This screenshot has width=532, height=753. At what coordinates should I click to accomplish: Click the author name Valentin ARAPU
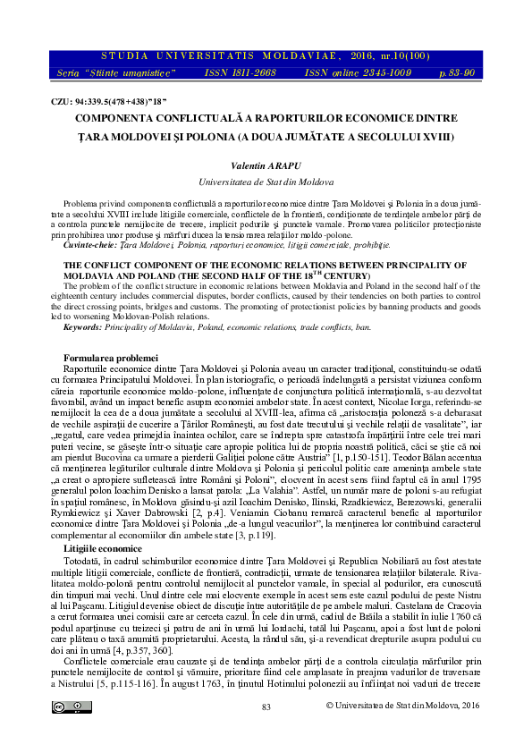click(x=266, y=166)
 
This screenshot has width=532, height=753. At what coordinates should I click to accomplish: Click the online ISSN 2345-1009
click(x=343, y=71)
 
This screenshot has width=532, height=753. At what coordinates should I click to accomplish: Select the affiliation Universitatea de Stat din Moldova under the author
click(x=266, y=181)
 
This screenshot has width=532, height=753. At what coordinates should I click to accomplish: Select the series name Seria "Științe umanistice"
click(x=105, y=71)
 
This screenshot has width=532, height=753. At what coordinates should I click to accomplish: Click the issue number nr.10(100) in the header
click(x=399, y=55)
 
